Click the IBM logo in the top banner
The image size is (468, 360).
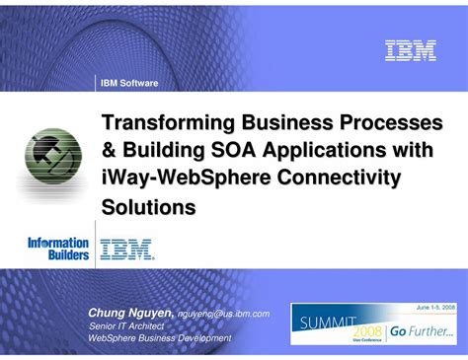(410, 50)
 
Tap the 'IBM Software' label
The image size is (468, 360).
(129, 83)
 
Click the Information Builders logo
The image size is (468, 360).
(57, 249)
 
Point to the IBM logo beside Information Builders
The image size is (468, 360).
(126, 249)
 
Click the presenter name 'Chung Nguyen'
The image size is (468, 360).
(129, 313)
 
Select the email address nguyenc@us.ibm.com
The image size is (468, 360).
(222, 314)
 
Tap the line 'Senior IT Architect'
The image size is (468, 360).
(131, 325)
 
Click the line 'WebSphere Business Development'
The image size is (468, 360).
(159, 338)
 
